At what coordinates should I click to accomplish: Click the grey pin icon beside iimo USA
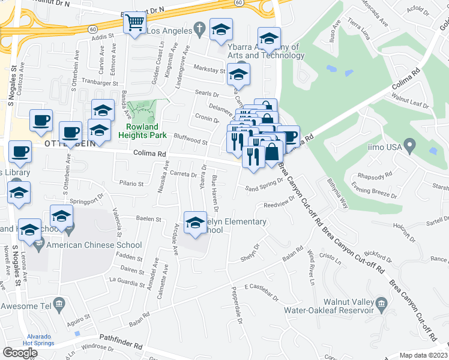tap(410, 145)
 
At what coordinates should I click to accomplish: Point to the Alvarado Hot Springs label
tap(38, 340)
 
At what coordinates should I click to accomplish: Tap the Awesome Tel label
tap(25, 306)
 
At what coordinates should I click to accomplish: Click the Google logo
tap(20, 352)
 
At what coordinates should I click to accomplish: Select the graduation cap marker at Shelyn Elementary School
tap(195, 223)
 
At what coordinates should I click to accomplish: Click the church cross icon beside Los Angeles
tap(200, 28)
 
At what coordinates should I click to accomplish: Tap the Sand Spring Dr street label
tap(264, 188)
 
